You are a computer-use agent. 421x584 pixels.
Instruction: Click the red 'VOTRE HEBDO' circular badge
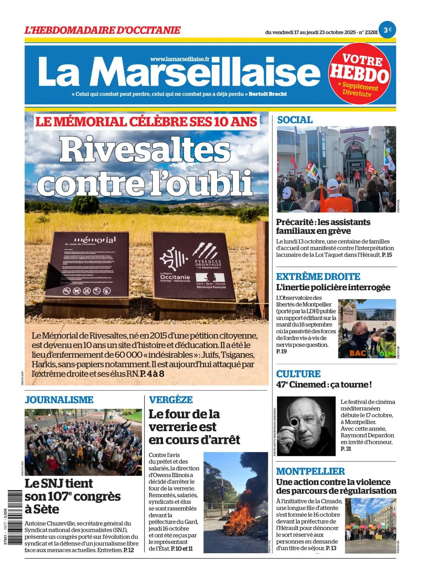[x=359, y=74]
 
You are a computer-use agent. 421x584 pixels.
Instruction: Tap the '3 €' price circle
[x=387, y=30]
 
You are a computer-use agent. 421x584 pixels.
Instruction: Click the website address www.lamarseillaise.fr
[x=180, y=59]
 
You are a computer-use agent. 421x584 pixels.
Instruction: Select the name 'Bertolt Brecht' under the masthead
[x=268, y=94]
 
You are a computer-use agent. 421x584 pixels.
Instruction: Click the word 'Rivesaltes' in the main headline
[x=145, y=150]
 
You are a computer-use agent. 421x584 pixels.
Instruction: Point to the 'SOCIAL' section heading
[x=295, y=120]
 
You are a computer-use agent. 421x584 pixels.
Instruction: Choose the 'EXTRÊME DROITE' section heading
[x=318, y=277]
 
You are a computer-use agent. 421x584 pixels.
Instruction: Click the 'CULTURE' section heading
[x=298, y=374]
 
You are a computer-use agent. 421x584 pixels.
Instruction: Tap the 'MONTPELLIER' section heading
[x=310, y=471]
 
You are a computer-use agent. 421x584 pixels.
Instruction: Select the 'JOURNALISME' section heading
[x=59, y=399]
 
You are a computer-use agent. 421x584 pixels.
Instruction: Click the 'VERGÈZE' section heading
[x=171, y=399]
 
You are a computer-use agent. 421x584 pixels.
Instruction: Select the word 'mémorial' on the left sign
[x=95, y=239]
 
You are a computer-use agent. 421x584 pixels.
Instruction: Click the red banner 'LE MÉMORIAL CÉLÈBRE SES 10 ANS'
[x=146, y=121]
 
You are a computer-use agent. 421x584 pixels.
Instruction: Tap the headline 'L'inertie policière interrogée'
[x=333, y=287]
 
